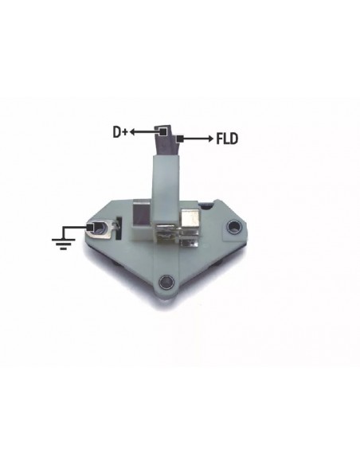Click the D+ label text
click(x=120, y=132)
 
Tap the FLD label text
click(x=227, y=139)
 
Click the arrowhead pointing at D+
click(x=132, y=131)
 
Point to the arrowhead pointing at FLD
click(x=210, y=139)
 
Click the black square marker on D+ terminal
click(x=162, y=131)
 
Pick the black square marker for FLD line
click(x=179, y=139)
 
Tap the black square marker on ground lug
click(x=90, y=228)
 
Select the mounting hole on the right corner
click(x=233, y=227)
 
